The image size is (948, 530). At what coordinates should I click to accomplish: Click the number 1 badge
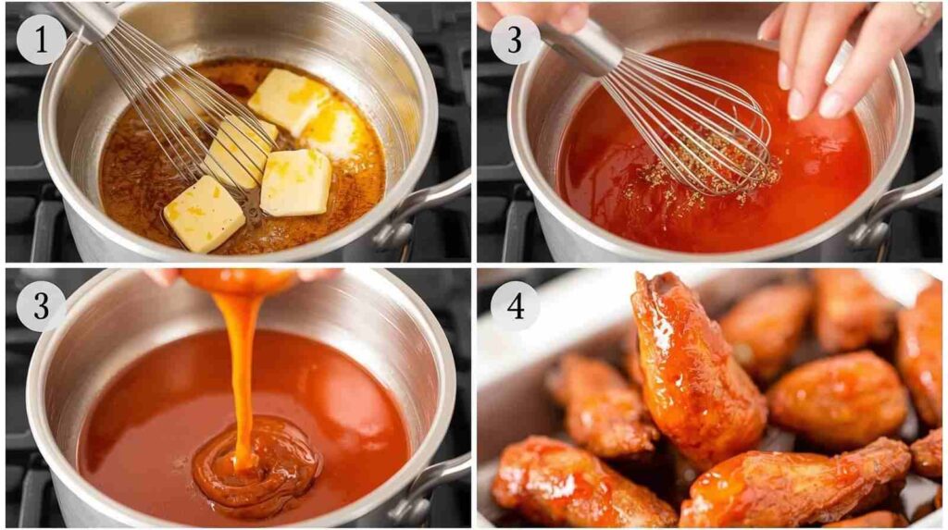coord(41,40)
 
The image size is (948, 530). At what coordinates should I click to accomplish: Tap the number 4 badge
coord(515,306)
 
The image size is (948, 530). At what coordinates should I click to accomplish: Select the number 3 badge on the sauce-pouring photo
coord(41,306)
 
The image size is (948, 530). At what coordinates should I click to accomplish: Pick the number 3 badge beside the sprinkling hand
coord(515,40)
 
